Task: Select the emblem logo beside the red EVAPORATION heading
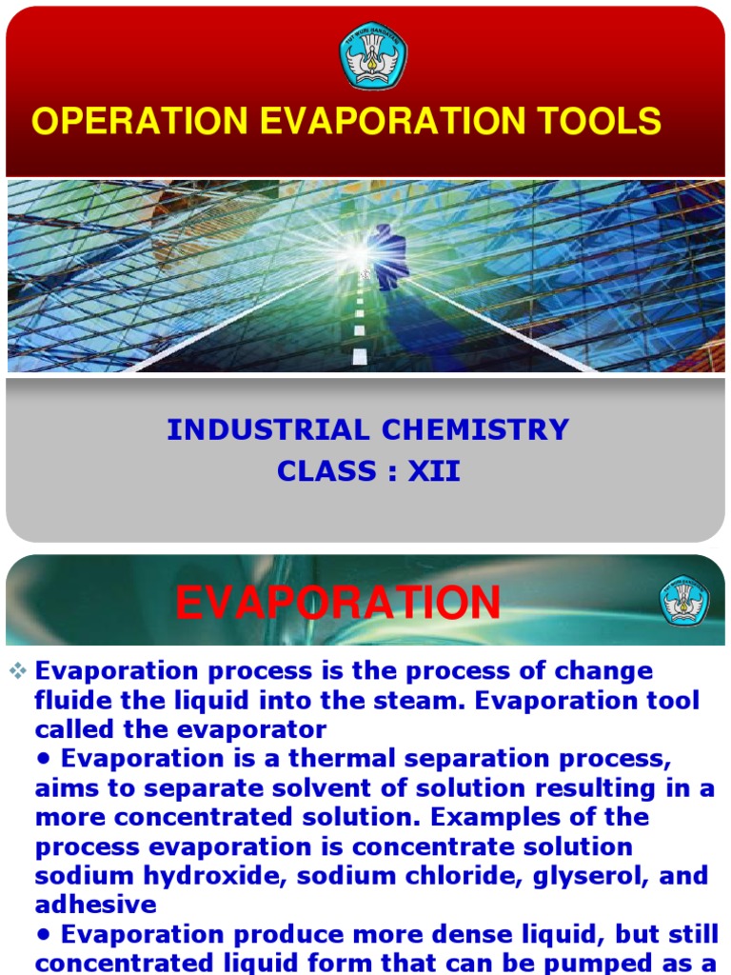[x=684, y=602]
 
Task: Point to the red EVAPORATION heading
[x=338, y=603]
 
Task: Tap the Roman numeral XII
[x=434, y=471]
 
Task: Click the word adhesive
[x=95, y=905]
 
